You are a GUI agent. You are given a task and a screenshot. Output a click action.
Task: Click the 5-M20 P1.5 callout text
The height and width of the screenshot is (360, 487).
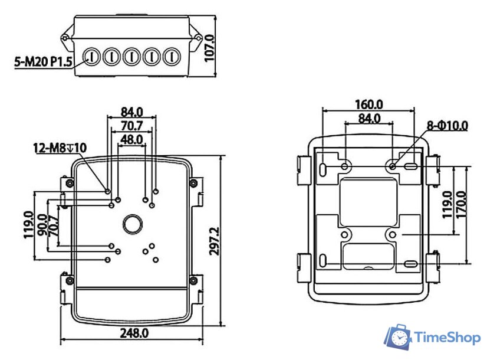click(43, 61)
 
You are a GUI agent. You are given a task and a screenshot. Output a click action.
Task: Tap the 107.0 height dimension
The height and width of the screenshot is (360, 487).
click(210, 48)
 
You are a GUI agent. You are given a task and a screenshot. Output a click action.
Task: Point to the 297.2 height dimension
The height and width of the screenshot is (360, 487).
click(214, 241)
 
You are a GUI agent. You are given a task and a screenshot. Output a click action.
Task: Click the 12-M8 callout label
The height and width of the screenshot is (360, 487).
click(60, 148)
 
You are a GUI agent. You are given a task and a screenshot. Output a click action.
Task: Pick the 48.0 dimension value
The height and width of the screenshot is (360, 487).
click(131, 140)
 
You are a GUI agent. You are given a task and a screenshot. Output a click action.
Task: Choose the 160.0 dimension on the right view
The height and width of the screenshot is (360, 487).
click(368, 104)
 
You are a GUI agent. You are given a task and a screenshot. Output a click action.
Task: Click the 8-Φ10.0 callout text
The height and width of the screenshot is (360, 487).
click(447, 126)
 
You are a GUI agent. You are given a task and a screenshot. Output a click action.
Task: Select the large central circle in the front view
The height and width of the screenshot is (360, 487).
click(133, 224)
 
